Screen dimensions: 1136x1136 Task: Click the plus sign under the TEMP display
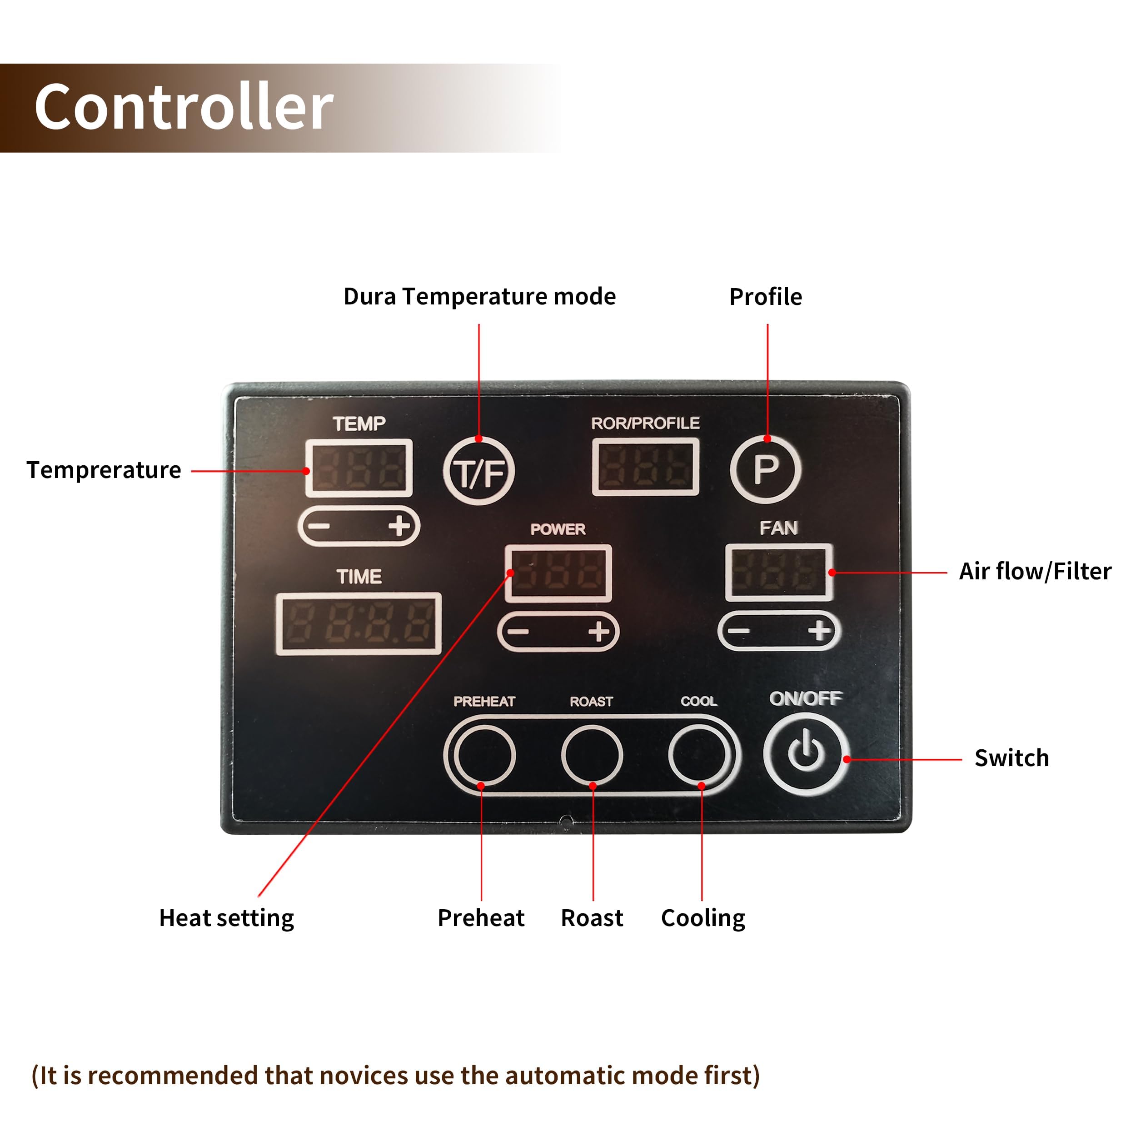(399, 525)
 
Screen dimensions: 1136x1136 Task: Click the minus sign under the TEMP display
(319, 525)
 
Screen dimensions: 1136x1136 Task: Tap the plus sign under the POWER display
(598, 632)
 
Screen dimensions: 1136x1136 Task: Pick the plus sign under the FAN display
(820, 631)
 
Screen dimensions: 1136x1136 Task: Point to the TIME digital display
(359, 624)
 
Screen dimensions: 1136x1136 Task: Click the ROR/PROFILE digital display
(646, 467)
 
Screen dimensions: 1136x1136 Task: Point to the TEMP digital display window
(359, 468)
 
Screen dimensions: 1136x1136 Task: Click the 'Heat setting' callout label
(226, 918)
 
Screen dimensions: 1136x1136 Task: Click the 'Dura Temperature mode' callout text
(479, 297)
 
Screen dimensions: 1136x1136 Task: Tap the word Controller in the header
(184, 107)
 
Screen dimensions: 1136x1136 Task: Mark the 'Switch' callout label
(1011, 758)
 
